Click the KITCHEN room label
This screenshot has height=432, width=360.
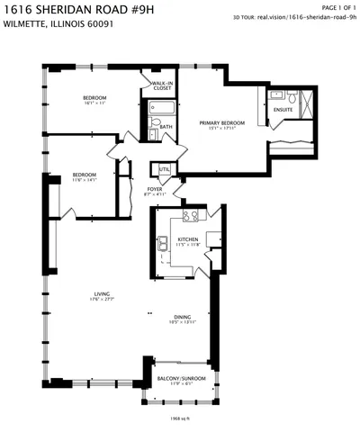coord(187,238)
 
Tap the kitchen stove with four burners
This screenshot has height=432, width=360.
coord(190,216)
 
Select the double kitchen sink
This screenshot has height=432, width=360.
coord(164,243)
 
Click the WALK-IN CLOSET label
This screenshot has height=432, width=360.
coord(163,85)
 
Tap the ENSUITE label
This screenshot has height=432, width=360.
coord(284,110)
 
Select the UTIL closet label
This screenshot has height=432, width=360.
coord(164,168)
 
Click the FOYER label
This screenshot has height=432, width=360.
coord(155,189)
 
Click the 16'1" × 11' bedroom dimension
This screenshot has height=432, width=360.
coord(94,103)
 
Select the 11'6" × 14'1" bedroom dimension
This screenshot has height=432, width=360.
coord(85,179)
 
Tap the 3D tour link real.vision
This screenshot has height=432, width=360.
coord(306,16)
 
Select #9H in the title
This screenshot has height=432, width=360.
coord(143,8)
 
